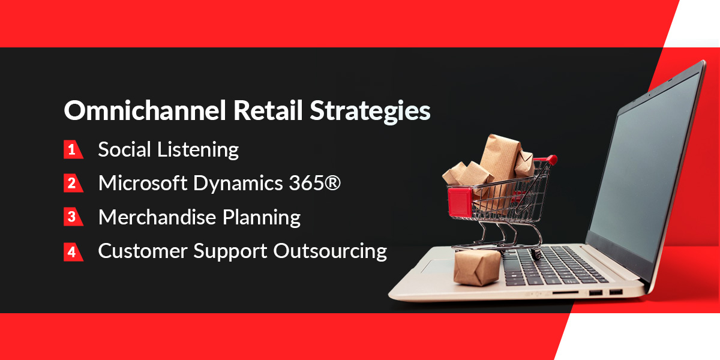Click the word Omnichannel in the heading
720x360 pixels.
145,110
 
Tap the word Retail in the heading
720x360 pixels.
268,110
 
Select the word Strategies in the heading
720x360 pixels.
370,112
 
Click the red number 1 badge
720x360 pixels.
73,149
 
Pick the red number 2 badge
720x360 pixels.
73,183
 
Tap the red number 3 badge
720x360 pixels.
73,217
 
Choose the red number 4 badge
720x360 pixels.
73,251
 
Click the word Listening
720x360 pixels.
198,151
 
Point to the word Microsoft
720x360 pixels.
143,183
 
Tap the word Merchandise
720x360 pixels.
157,217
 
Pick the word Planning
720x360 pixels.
262,218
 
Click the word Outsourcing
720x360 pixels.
330,251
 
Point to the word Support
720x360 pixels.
230,251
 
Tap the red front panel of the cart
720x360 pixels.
460,202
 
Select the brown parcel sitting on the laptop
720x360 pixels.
477,268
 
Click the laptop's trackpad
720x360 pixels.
437,268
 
